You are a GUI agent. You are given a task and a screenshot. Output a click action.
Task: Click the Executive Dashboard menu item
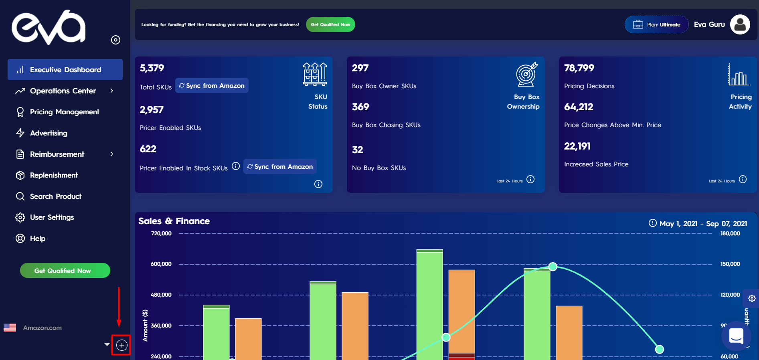pyautogui.click(x=65, y=70)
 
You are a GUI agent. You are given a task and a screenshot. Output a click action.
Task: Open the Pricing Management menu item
pyautogui.click(x=64, y=112)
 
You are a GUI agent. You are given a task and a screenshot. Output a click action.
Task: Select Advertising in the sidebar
pyautogui.click(x=49, y=133)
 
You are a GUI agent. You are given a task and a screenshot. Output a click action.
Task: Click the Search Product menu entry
pyautogui.click(x=55, y=196)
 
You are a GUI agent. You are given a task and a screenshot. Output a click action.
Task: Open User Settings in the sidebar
pyautogui.click(x=52, y=217)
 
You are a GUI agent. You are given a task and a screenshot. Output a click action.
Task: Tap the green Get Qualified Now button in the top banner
pyautogui.click(x=330, y=24)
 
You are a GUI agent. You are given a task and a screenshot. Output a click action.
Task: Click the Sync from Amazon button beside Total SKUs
pyautogui.click(x=212, y=85)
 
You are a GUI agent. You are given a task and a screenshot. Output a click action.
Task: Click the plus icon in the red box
pyautogui.click(x=121, y=345)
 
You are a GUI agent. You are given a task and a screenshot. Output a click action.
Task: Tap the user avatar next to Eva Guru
pyautogui.click(x=740, y=24)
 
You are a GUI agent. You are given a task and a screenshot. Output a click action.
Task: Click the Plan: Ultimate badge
pyautogui.click(x=656, y=24)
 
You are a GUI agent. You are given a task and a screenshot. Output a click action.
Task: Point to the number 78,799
pyautogui.click(x=579, y=68)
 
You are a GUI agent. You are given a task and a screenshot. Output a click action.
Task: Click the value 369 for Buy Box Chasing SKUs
pyautogui.click(x=360, y=107)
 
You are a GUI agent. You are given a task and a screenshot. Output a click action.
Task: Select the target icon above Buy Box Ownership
pyautogui.click(x=526, y=74)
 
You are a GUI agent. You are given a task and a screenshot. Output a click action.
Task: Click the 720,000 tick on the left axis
pyautogui.click(x=161, y=233)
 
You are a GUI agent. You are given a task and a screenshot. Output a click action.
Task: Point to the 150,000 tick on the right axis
pyautogui.click(x=730, y=264)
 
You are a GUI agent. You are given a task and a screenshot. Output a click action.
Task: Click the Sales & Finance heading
pyautogui.click(x=174, y=221)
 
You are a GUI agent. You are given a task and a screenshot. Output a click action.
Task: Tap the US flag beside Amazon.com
pyautogui.click(x=10, y=328)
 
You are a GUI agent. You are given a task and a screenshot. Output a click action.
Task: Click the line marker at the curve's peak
pyautogui.click(x=553, y=267)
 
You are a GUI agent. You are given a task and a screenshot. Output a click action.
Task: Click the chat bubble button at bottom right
pyautogui.click(x=736, y=336)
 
